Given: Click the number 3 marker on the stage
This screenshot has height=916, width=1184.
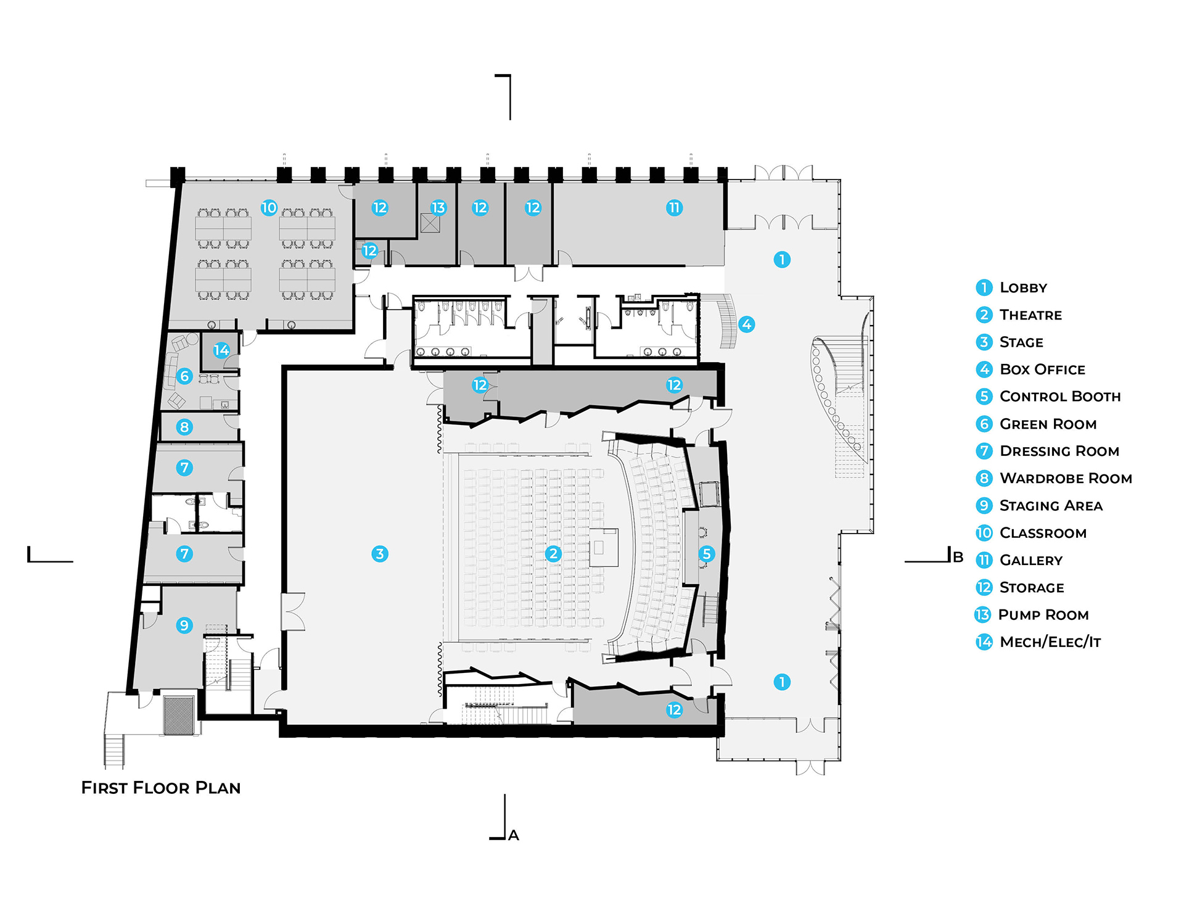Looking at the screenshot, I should pyautogui.click(x=380, y=554).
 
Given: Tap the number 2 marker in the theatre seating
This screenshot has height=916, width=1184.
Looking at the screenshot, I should pyautogui.click(x=553, y=554).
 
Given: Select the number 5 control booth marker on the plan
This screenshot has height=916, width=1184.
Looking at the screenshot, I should pyautogui.click(x=707, y=554).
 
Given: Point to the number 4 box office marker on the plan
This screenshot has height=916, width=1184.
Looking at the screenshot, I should pyautogui.click(x=746, y=324).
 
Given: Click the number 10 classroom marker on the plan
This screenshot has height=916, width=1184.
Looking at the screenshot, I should pyautogui.click(x=269, y=208).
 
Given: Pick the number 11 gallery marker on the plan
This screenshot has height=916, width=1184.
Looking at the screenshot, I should pyautogui.click(x=674, y=208).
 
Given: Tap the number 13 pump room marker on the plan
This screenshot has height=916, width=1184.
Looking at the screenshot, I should pyautogui.click(x=438, y=208).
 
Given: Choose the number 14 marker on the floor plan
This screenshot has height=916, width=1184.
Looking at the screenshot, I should pyautogui.click(x=221, y=351).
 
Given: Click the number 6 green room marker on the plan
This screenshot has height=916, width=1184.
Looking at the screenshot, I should pyautogui.click(x=184, y=376).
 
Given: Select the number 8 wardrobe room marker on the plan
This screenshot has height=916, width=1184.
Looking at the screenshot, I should pyautogui.click(x=184, y=427).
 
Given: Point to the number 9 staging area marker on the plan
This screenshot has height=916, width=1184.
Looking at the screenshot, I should pyautogui.click(x=184, y=625).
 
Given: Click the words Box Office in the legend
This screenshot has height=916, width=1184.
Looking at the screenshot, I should pyautogui.click(x=1042, y=369).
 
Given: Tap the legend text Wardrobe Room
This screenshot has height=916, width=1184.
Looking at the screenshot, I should pyautogui.click(x=1066, y=479).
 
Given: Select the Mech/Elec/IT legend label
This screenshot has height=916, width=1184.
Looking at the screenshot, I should pyautogui.click(x=1050, y=642).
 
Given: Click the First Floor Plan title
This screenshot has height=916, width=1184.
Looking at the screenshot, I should pyautogui.click(x=161, y=788).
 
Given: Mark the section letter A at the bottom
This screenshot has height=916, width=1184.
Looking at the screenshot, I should pyautogui.click(x=514, y=836).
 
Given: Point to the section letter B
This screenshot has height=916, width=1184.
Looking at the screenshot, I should pyautogui.click(x=958, y=557).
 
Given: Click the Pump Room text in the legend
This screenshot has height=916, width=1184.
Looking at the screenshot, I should pyautogui.click(x=1043, y=615).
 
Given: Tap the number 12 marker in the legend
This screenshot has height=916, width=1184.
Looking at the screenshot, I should pyautogui.click(x=984, y=588).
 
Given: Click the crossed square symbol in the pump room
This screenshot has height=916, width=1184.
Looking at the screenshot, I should pyautogui.click(x=430, y=223).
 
